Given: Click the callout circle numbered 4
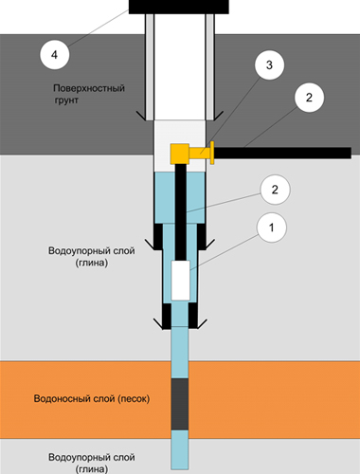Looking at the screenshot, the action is click(54, 55).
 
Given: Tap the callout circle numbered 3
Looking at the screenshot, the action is click(269, 64).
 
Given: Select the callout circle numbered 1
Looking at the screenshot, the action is click(272, 228).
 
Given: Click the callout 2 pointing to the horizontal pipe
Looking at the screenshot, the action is click(309, 98).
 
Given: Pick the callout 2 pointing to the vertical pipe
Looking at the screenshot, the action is click(275, 190).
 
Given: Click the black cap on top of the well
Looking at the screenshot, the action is click(179, 7).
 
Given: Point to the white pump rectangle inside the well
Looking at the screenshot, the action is click(181, 281).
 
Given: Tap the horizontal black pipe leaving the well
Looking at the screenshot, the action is click(282, 153).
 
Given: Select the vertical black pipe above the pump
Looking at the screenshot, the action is click(181, 211).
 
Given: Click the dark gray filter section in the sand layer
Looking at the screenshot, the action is click(180, 404).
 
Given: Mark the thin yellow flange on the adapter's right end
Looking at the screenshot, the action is click(212, 153).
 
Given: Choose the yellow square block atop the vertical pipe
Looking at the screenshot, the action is click(180, 154).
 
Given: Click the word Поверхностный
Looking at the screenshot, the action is click(89, 88).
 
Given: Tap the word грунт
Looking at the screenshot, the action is click(66, 100).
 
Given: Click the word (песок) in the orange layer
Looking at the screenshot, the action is click(134, 399).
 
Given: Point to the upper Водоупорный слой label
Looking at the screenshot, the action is click(92, 251).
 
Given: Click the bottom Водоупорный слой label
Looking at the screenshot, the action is click(92, 457).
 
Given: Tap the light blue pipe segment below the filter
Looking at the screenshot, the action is click(180, 450).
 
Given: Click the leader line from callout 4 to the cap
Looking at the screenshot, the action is click(98, 28).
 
